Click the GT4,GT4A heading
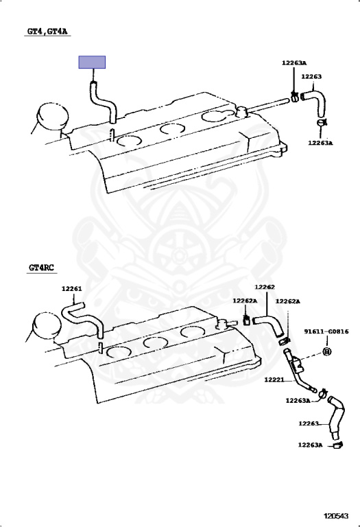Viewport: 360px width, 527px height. click(x=47, y=32)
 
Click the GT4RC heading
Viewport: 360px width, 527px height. click(x=41, y=268)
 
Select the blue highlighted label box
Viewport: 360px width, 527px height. click(x=92, y=62)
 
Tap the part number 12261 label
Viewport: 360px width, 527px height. click(x=71, y=289)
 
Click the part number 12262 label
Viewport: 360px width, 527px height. click(x=265, y=287)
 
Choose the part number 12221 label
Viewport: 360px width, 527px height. click(x=274, y=379)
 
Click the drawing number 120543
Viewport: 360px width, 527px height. click(x=336, y=515)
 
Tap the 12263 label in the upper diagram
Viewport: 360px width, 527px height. click(x=311, y=77)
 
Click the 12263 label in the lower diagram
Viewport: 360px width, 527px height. click(x=309, y=423)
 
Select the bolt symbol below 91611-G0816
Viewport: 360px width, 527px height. click(x=327, y=351)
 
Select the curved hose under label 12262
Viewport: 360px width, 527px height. click(x=270, y=325)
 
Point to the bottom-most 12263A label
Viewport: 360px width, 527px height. click(x=310, y=445)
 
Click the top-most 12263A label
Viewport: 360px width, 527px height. click(x=294, y=63)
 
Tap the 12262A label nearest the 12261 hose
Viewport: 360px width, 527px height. click(x=245, y=301)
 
